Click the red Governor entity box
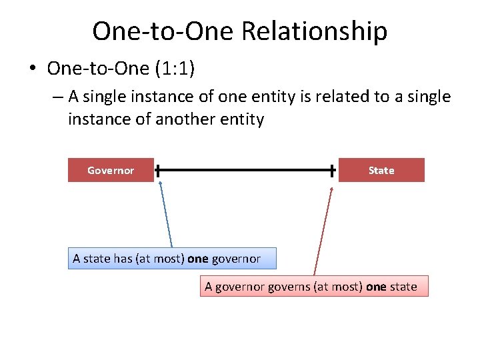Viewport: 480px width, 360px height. coord(111,170)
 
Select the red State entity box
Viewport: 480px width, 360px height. coord(381,170)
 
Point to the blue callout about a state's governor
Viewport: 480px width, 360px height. coord(172,258)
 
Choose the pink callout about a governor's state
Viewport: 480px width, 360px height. coord(313,287)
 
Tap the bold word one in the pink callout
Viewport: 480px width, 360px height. coord(376,287)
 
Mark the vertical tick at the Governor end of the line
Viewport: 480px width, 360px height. coord(157,170)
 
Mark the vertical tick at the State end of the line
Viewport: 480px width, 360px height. coord(333,170)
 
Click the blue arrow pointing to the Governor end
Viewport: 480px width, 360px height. coord(166,213)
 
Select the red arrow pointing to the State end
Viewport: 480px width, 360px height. coord(324,230)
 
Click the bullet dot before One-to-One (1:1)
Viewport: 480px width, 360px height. coord(33,69)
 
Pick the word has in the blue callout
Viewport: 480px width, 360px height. coord(123,258)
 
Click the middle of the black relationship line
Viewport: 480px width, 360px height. coord(245,170)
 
